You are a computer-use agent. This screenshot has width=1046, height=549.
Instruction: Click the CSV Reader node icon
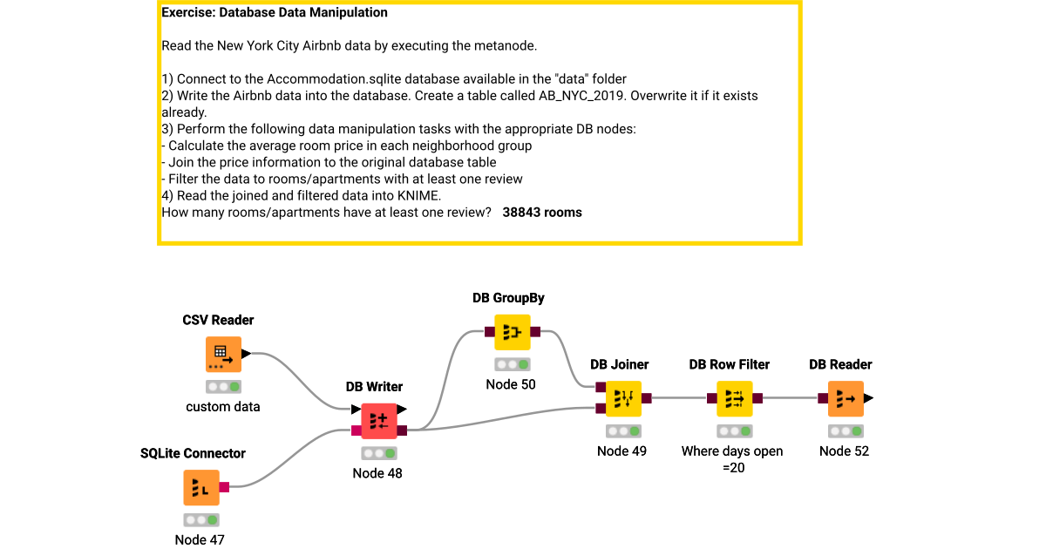coord(224,354)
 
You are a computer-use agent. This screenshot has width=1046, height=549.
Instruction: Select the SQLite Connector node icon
coord(201,487)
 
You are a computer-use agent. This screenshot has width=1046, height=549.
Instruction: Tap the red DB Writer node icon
coord(379,421)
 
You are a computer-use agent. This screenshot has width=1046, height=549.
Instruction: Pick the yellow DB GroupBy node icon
coord(512,332)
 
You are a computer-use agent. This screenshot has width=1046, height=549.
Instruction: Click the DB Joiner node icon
coord(623,398)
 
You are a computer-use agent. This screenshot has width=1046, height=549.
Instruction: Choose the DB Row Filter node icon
coord(734,398)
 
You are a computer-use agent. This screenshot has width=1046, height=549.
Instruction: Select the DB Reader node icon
coord(846,398)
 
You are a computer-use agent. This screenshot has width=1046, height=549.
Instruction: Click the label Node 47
coord(200,539)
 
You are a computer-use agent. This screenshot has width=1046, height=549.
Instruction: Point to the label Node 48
coord(377,473)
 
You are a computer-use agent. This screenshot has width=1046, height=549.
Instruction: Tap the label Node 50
coord(511,384)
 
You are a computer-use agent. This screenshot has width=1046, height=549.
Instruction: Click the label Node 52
coord(844,451)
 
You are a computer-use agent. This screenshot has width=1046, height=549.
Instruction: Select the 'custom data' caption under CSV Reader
coord(223,407)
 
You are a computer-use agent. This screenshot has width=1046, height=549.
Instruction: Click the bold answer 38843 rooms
coord(542,212)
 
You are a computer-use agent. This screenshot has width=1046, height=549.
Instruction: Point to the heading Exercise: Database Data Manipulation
coord(275,13)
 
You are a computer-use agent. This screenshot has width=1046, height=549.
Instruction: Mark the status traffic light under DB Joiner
coord(622,430)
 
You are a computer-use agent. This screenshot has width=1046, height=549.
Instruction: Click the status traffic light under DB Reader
coord(845,430)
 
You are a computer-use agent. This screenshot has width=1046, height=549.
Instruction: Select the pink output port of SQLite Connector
coord(224,487)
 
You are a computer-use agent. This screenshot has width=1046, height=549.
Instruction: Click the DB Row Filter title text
coord(730,364)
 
